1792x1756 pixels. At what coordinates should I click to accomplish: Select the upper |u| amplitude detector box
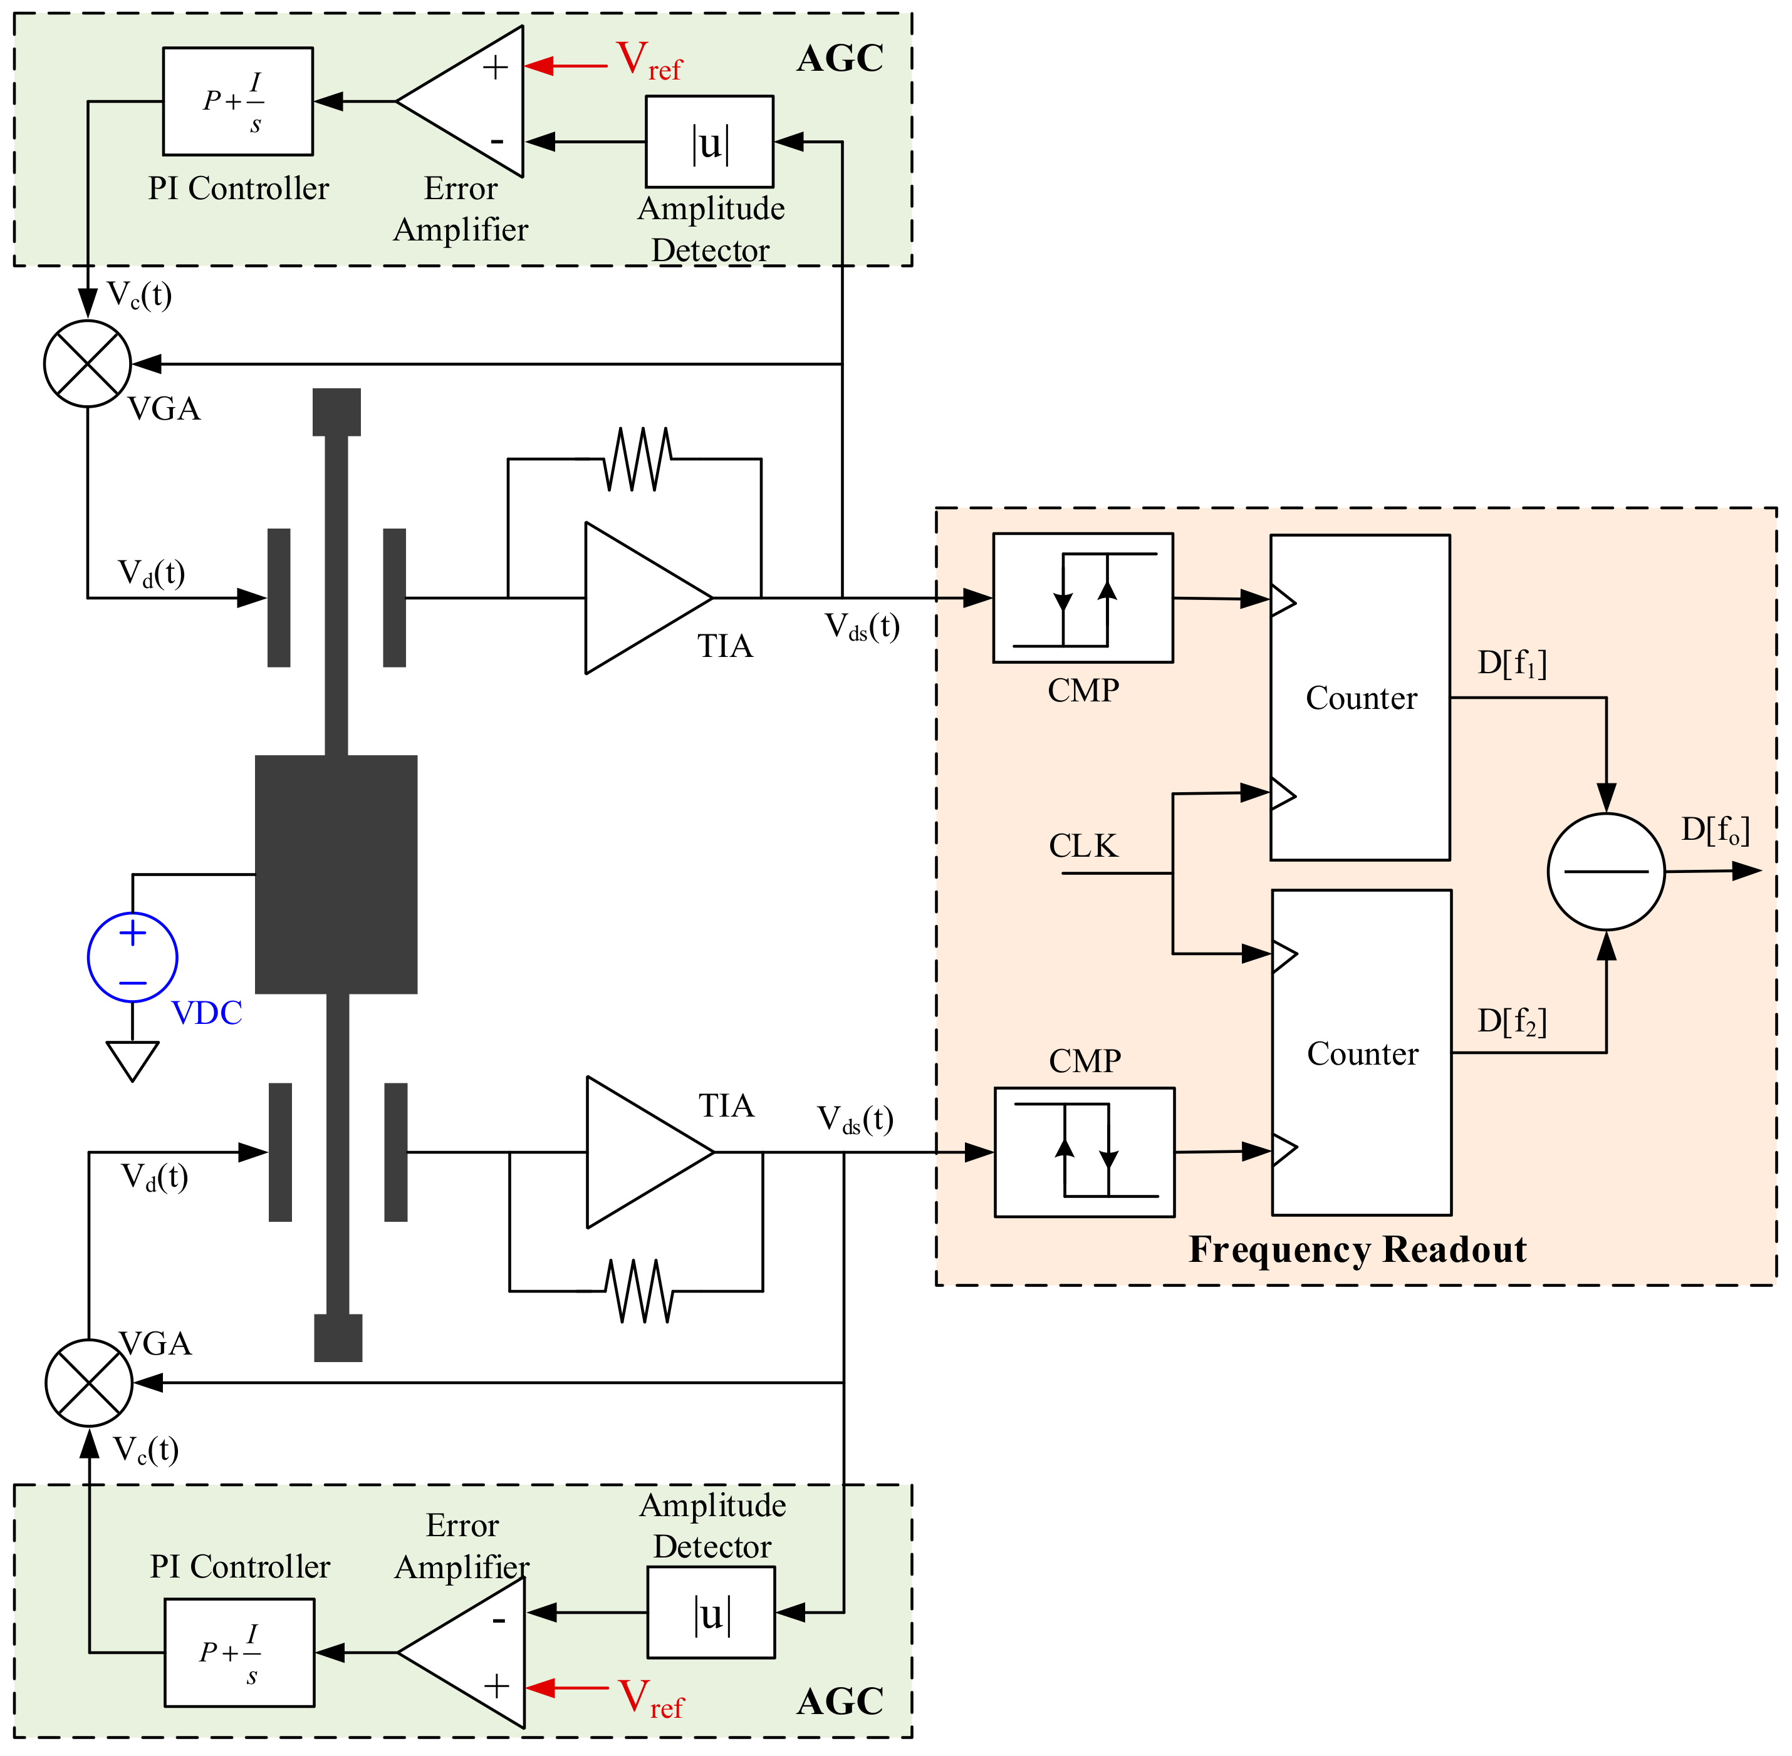point(709,141)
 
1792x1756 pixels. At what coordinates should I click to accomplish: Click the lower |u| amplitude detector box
point(711,1612)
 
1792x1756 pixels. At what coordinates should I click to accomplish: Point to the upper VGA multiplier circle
point(88,363)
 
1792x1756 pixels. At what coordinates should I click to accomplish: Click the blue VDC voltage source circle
point(132,958)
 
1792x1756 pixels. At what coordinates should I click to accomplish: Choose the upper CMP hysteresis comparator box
point(1082,597)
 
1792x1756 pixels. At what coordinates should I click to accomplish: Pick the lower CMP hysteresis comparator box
point(1084,1152)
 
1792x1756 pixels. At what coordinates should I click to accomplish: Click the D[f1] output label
point(1511,663)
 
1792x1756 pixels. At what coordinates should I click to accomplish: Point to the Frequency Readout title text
point(1357,1249)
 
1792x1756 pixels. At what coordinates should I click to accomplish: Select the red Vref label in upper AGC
point(649,61)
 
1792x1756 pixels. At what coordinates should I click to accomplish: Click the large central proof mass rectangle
point(336,874)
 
